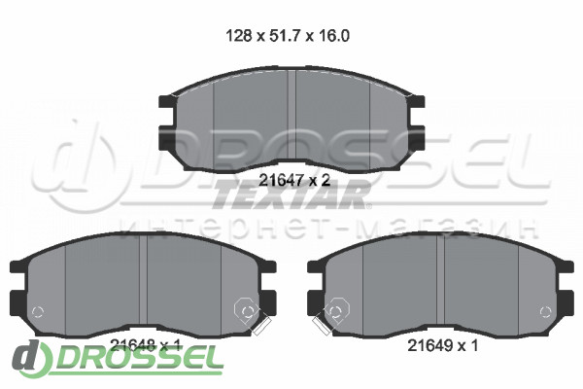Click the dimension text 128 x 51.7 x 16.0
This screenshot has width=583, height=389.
click(x=288, y=36)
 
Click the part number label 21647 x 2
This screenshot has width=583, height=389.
click(x=294, y=181)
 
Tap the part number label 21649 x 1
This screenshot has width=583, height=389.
click(x=442, y=346)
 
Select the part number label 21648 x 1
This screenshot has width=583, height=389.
click(x=146, y=346)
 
